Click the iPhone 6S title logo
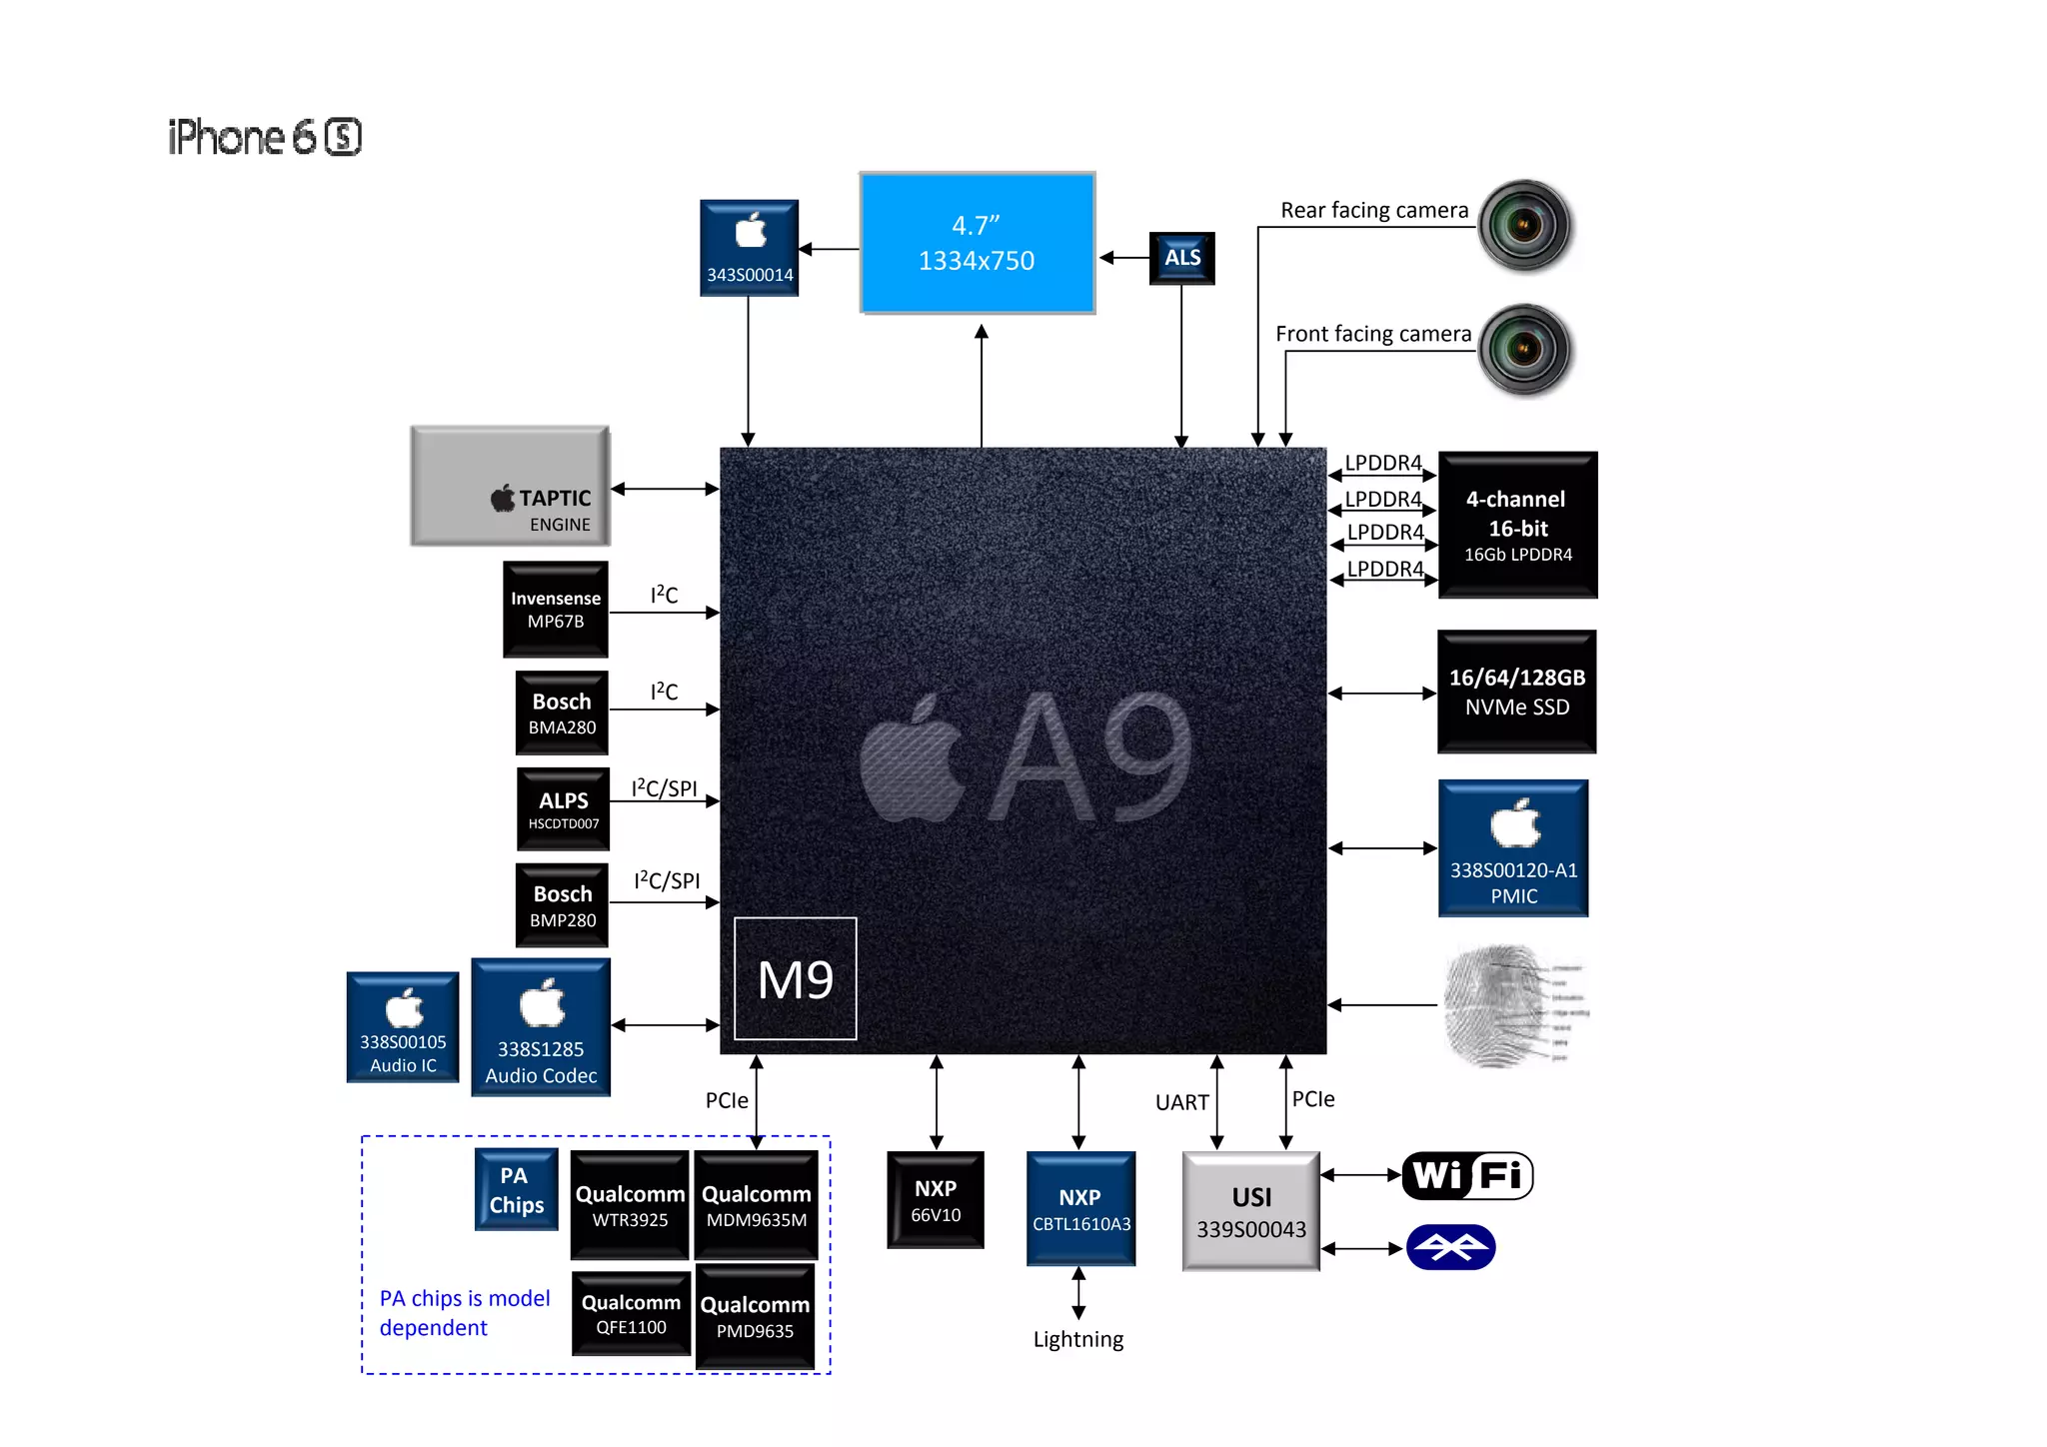point(265,137)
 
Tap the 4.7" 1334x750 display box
point(977,243)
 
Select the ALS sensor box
point(1181,258)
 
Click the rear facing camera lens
point(1524,225)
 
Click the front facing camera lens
point(1524,350)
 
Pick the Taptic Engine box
point(510,487)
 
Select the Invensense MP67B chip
point(556,609)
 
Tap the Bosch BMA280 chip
point(562,713)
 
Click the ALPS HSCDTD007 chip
point(563,808)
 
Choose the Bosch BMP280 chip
point(562,904)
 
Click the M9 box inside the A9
point(796,978)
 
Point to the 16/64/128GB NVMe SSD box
point(1516,692)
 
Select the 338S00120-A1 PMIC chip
point(1513,848)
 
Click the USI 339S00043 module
point(1251,1211)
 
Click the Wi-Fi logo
point(1467,1175)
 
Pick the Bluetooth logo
point(1450,1247)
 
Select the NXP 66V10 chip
point(936,1200)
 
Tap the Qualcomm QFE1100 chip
point(631,1313)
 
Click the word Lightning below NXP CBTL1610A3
point(1078,1339)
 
